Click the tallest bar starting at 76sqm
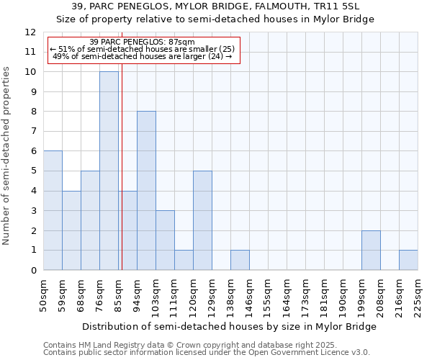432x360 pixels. (x=109, y=171)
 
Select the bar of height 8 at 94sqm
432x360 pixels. (x=146, y=191)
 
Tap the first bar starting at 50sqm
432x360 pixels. (x=53, y=210)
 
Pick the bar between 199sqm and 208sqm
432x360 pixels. (x=371, y=251)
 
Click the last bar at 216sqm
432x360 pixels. (x=408, y=260)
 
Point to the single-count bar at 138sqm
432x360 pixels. (x=240, y=260)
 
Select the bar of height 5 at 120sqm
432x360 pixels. (x=202, y=220)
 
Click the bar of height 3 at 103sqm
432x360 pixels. (x=165, y=240)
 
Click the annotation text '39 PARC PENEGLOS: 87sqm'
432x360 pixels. (x=143, y=42)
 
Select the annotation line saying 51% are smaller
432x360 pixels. (x=143, y=49)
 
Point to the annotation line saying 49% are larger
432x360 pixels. (x=143, y=56)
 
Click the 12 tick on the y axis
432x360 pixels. (x=30, y=32)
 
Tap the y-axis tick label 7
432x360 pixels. (x=33, y=132)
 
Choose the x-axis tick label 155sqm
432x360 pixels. (x=269, y=294)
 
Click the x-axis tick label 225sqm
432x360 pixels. (x=418, y=294)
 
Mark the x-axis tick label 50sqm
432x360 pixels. (x=44, y=294)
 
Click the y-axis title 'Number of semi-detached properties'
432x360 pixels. (x=7, y=156)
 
